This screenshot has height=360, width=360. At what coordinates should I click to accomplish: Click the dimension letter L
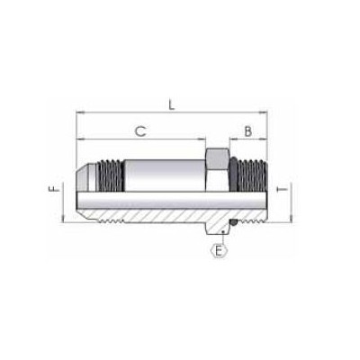coord(171,105)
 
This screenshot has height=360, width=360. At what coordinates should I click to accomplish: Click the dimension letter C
coord(140,131)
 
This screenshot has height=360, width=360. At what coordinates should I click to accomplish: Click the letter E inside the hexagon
coord(218,251)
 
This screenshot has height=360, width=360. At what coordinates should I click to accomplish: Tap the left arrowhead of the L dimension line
coord(78,114)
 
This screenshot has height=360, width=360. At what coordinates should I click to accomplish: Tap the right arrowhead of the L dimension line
coord(267,114)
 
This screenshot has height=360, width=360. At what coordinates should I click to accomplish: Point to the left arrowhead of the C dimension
coord(79,141)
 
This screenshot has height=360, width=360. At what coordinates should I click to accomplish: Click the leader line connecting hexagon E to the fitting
coord(219,235)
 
